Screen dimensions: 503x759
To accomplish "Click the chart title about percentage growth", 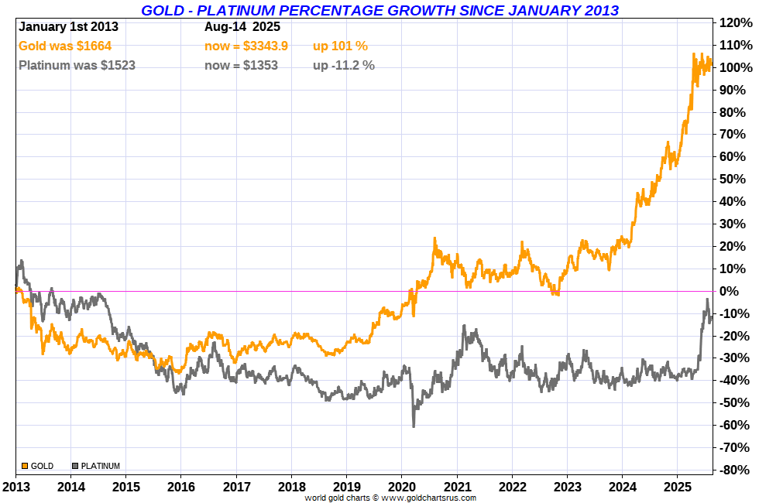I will click(379, 10).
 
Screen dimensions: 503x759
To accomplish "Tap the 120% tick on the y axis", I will click(735, 22).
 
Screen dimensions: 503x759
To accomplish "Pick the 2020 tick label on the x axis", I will click(402, 487).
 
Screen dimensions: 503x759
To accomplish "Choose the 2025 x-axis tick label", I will click(678, 487).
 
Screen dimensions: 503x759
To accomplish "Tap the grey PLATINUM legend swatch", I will click(75, 466).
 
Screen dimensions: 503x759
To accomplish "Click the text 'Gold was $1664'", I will click(65, 46).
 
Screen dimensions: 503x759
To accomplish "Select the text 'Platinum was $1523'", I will click(77, 65).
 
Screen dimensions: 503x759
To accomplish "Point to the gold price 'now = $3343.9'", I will click(246, 46).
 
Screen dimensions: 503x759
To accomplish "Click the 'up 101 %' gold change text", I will click(340, 46).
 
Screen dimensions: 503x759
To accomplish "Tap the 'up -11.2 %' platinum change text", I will click(343, 65).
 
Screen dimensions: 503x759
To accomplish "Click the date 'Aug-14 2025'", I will click(242, 26).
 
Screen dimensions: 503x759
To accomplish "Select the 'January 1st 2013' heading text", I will click(68, 26).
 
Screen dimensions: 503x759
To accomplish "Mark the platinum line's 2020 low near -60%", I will click(414, 425).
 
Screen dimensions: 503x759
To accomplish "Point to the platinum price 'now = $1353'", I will click(241, 65).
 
